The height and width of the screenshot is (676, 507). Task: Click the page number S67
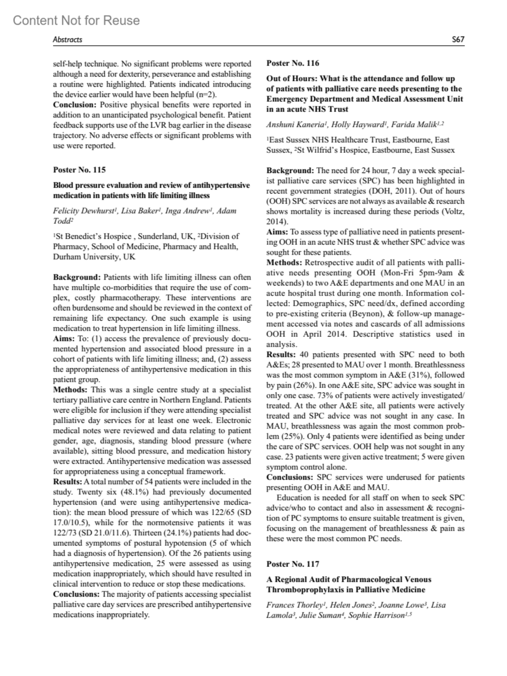tap(458, 40)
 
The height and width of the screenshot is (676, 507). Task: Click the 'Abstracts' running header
tap(67, 40)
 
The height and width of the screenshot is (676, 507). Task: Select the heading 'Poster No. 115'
tap(79, 170)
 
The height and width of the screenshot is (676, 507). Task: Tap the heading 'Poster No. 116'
tap(293, 63)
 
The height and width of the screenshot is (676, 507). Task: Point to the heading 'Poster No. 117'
tap(293, 564)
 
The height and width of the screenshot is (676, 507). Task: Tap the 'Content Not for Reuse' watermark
tap(76, 20)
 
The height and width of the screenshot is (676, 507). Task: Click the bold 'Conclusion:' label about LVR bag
tap(74, 105)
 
